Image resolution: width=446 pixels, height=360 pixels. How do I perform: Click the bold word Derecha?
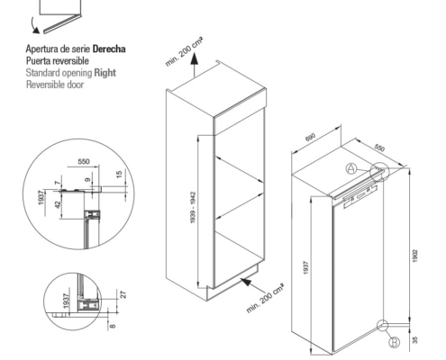coord(109,49)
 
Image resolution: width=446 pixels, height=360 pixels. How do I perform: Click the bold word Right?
coord(105,73)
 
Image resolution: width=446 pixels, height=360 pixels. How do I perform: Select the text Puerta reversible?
coord(58,61)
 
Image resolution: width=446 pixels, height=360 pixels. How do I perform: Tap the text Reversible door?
coord(55,85)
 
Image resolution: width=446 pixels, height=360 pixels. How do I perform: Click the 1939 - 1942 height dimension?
coord(193,207)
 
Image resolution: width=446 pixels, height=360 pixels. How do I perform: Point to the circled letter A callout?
coord(350,168)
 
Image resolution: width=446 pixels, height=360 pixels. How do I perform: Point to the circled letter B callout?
coord(394,342)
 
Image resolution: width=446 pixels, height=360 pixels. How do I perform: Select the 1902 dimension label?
coord(415,256)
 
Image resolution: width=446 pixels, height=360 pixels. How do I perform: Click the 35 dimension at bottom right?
coord(415,340)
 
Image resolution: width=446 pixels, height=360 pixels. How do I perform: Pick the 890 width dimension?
coord(310,137)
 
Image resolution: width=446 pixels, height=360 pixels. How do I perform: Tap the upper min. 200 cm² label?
coord(184,51)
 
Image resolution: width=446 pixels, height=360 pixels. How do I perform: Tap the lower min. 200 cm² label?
coord(265,298)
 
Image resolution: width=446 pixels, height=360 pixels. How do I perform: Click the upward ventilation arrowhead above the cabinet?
coord(195,58)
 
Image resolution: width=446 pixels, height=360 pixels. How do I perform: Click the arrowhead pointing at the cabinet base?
coord(246,282)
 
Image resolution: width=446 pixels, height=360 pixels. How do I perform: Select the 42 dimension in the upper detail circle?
coord(58,204)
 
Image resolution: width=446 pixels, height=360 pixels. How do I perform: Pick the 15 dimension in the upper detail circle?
coord(119,174)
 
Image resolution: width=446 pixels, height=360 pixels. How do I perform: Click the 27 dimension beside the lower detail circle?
coord(123,294)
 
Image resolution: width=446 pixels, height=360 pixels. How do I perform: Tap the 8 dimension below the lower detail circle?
coord(113,326)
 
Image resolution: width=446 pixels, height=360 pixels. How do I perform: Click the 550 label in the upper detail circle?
coord(84,162)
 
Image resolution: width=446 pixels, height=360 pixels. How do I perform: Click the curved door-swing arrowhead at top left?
coord(36,30)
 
